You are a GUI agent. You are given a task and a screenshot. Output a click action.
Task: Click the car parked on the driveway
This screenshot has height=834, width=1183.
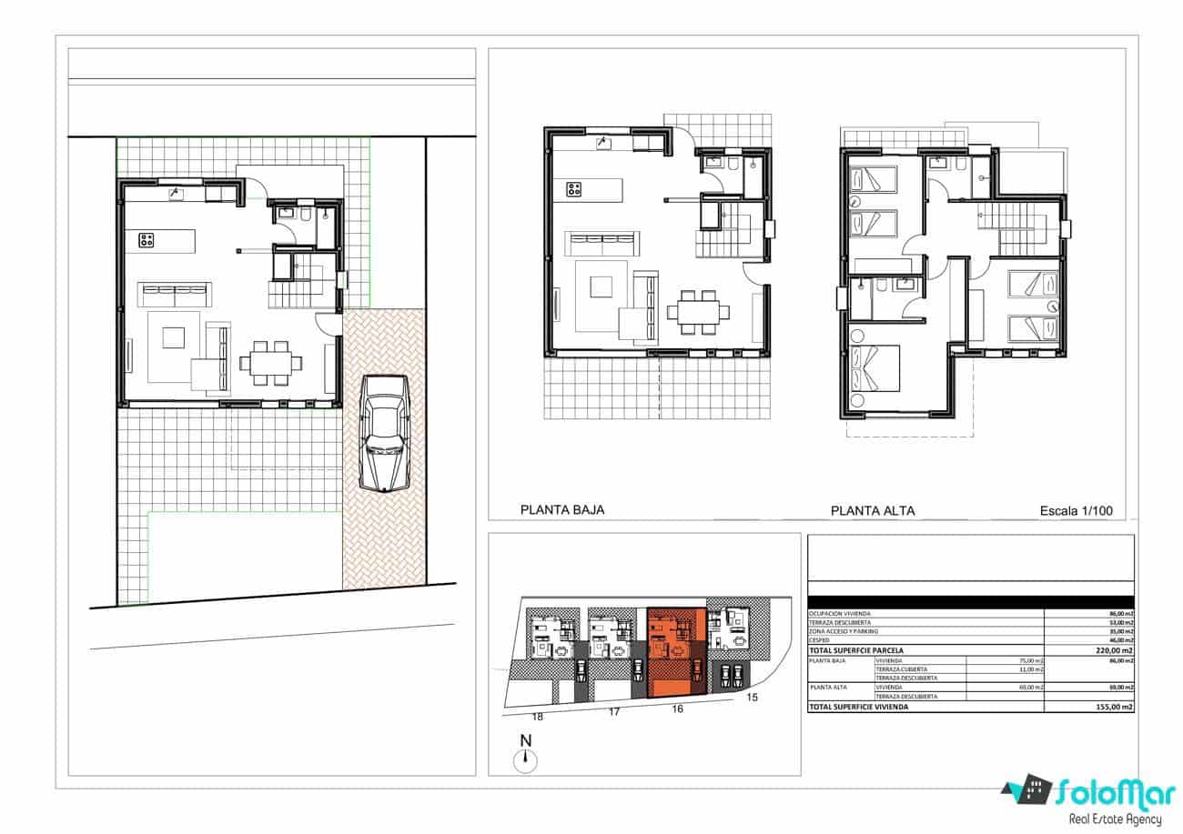384,433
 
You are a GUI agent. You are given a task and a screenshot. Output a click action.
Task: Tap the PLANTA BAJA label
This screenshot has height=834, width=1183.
561,510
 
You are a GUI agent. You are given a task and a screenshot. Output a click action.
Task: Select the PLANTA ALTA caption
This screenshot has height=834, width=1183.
872,511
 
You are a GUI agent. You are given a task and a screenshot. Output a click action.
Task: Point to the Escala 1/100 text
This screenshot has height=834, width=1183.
1076,511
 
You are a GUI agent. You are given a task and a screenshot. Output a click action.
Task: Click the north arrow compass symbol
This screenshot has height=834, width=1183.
525,761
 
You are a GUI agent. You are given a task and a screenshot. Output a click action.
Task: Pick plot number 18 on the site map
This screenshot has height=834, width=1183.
537,717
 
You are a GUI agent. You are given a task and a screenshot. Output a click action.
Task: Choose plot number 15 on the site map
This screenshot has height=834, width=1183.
752,698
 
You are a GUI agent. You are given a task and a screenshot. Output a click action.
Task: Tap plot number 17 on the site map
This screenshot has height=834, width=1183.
613,712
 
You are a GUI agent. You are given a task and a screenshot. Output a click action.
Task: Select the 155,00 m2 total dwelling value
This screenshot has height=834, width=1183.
1115,707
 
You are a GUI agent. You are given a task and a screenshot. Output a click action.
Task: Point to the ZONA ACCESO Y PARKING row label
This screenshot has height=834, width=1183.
845,632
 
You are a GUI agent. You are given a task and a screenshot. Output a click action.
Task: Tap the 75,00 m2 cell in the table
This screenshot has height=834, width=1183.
1030,661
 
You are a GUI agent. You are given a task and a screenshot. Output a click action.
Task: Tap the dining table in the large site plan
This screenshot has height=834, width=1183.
271,363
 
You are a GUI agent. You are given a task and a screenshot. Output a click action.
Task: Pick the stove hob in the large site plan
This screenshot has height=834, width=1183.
147,241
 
